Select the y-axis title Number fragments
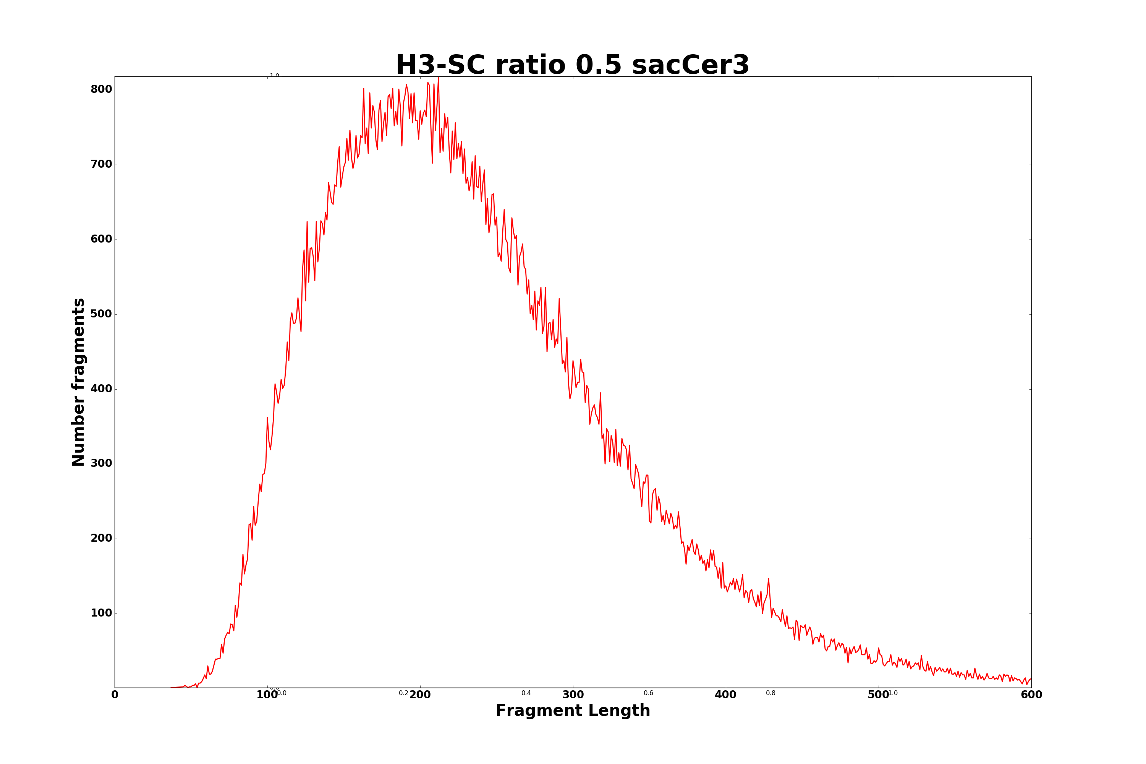[78, 382]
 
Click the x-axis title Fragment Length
[573, 711]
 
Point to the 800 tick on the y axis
[101, 90]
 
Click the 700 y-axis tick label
[101, 165]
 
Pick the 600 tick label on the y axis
[101, 239]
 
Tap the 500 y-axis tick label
[101, 314]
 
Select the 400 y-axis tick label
[101, 389]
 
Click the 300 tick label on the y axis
[101, 464]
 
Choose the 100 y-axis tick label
[101, 613]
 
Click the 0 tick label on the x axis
[115, 695]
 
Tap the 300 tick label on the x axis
[573, 695]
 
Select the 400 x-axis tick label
[725, 695]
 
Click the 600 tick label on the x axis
[1031, 695]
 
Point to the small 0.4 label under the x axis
[526, 693]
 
